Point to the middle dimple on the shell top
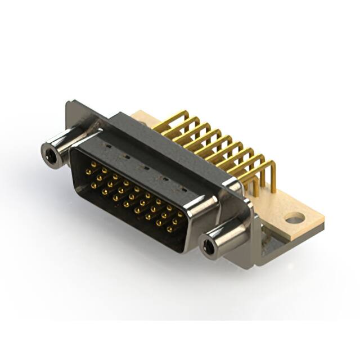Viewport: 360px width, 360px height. click(x=145, y=166)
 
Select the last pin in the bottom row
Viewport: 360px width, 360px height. click(x=169, y=229)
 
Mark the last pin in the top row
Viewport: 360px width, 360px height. click(x=180, y=214)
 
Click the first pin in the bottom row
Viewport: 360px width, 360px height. click(x=93, y=184)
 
